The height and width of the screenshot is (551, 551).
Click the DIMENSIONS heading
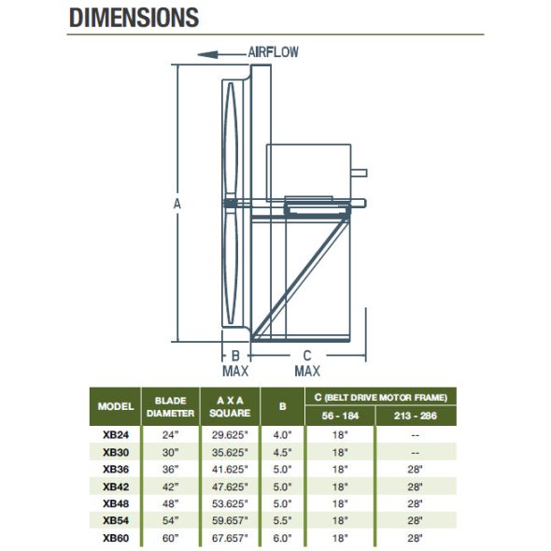tap(134, 18)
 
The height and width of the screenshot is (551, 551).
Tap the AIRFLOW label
tap(273, 52)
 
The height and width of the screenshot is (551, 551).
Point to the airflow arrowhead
tap(207, 55)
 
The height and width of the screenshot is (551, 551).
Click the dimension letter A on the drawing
tap(177, 204)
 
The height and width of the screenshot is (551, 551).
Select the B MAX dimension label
tap(235, 363)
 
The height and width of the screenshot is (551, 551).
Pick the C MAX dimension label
tap(307, 363)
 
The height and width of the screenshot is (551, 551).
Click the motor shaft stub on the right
tap(359, 173)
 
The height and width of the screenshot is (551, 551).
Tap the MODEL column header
tap(116, 406)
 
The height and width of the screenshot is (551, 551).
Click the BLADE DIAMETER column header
tap(170, 407)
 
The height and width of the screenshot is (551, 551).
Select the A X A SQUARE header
tap(230, 406)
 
